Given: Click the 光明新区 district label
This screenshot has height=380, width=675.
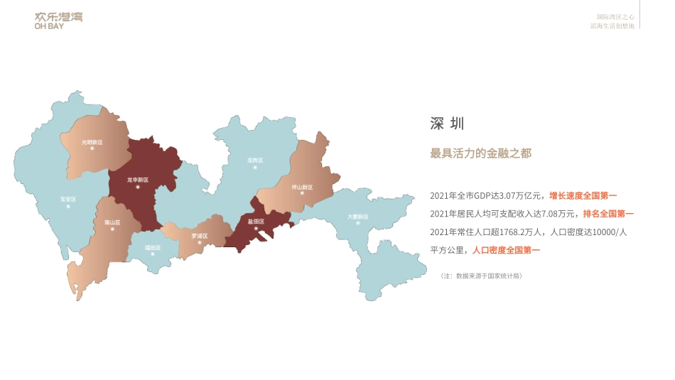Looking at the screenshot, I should (x=92, y=142).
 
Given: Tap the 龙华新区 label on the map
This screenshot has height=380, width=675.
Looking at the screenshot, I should (x=138, y=180).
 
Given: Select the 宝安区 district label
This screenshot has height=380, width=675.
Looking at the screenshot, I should (x=68, y=200).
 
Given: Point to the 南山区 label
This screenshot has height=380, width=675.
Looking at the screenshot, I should (x=112, y=222).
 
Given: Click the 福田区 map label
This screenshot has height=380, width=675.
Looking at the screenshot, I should (x=153, y=247).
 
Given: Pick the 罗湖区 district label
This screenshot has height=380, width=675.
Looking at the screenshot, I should (x=200, y=235).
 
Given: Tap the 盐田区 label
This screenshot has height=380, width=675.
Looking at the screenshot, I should (x=256, y=222).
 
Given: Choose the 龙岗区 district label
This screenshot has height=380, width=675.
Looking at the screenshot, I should (x=255, y=161).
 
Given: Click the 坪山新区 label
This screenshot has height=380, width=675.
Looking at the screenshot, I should (x=302, y=188).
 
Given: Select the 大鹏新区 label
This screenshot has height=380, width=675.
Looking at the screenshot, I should (x=358, y=217).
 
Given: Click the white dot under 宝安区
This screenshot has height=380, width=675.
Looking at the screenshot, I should (x=68, y=207).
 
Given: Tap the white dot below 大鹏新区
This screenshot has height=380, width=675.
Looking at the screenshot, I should (x=358, y=224).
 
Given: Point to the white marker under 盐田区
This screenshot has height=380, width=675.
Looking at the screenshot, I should (x=256, y=229).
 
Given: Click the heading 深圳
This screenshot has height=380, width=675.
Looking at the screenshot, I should (x=447, y=124).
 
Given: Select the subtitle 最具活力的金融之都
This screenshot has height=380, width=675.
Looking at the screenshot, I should (x=481, y=153).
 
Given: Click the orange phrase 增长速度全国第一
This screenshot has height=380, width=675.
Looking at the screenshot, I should (x=583, y=195).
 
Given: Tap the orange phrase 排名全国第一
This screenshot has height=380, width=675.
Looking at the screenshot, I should (x=608, y=213).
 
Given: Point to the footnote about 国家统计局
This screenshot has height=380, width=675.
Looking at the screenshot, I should (x=482, y=276).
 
